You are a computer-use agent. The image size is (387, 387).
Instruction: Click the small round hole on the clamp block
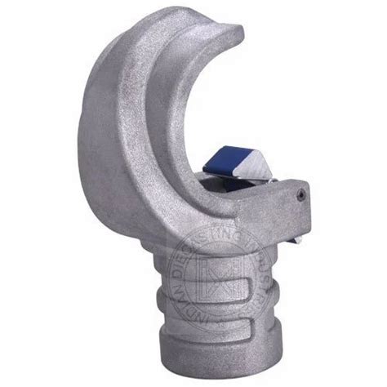tap(301, 195)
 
